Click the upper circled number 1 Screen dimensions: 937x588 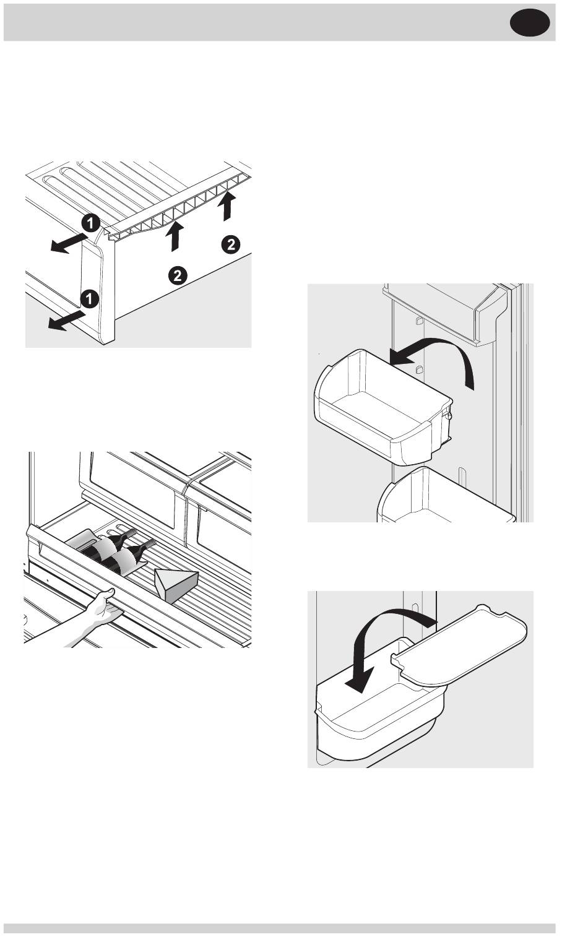(90, 222)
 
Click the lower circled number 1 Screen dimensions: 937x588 (90, 299)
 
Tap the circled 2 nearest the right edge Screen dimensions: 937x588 (230, 245)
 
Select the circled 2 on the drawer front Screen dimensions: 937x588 (178, 275)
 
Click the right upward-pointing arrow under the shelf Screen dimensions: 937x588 (228, 206)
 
